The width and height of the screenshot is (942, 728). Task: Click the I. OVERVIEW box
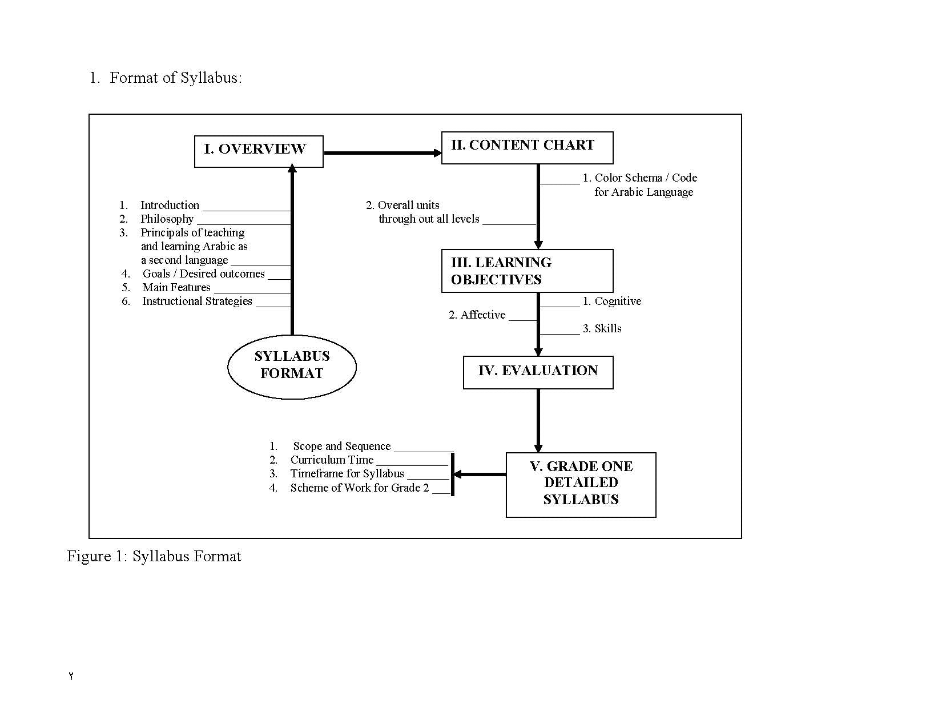(x=259, y=151)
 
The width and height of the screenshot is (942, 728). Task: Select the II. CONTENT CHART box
(x=527, y=147)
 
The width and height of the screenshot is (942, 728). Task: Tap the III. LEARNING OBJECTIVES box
(x=527, y=271)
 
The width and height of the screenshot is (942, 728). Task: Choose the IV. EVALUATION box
(x=538, y=372)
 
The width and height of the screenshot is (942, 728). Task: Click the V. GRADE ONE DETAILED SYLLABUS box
(x=581, y=484)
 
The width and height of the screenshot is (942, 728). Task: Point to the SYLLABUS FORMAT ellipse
(x=292, y=366)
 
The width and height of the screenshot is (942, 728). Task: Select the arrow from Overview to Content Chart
(x=381, y=153)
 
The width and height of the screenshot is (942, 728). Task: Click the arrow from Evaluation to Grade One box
(x=538, y=420)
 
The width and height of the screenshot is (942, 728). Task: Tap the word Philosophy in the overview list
(x=167, y=219)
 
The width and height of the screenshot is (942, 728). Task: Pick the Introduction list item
(x=170, y=205)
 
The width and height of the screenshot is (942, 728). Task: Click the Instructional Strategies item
(x=197, y=301)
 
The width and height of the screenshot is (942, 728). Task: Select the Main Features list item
(x=176, y=287)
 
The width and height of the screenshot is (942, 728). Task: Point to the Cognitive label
(x=617, y=301)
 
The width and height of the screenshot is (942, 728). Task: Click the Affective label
(x=482, y=315)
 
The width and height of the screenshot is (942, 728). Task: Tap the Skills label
(x=607, y=328)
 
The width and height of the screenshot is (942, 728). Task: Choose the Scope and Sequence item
(x=341, y=446)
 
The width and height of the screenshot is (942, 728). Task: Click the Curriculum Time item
(x=332, y=460)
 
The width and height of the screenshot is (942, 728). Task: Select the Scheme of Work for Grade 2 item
(x=359, y=488)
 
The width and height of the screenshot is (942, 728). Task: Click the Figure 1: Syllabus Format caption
(x=154, y=556)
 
